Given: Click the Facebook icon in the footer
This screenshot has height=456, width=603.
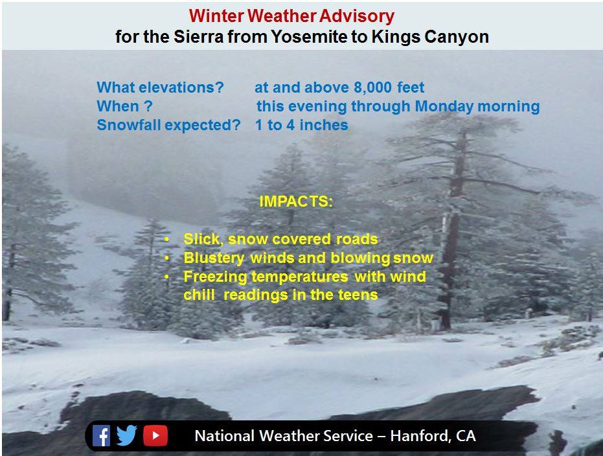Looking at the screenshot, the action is pos(102,436).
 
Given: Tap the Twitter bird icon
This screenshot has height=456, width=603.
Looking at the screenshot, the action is pos(126,435).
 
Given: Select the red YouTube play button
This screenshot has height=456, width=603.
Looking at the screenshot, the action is pos(155,436).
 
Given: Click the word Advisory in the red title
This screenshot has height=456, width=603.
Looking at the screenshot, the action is pos(357,16).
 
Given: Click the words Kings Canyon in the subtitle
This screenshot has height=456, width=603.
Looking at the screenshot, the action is pos(430,37).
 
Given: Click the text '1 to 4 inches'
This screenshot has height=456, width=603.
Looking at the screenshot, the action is pos(302,125).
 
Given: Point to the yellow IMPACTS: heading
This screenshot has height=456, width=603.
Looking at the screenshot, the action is pos(296,201).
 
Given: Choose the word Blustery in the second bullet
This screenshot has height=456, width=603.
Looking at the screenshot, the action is pos(214,258).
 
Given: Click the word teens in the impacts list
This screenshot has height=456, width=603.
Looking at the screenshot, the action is pos(358,295).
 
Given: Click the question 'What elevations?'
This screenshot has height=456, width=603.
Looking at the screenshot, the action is pos(160,87).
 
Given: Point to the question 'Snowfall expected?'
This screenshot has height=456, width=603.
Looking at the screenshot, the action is pos(168,125).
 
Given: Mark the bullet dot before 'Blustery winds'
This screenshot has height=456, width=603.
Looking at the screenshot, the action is pos(166,258).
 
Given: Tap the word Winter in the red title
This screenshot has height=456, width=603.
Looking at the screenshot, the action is pos(216,16).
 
